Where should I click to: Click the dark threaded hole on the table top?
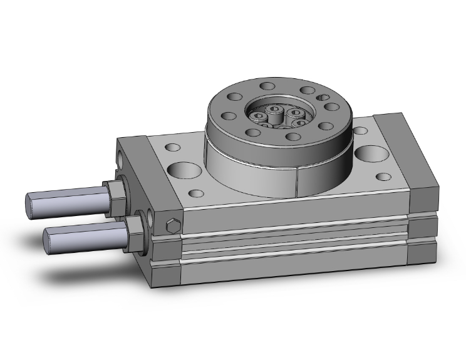323,97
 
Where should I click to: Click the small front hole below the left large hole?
199,193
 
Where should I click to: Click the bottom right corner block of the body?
422,254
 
